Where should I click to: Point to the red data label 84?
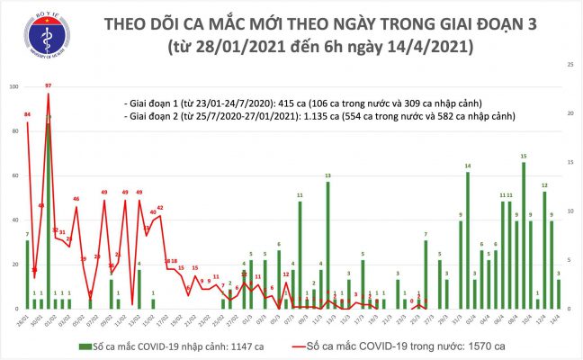(28, 115)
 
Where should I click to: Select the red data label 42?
(159, 208)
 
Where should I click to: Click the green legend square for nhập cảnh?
(83, 346)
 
